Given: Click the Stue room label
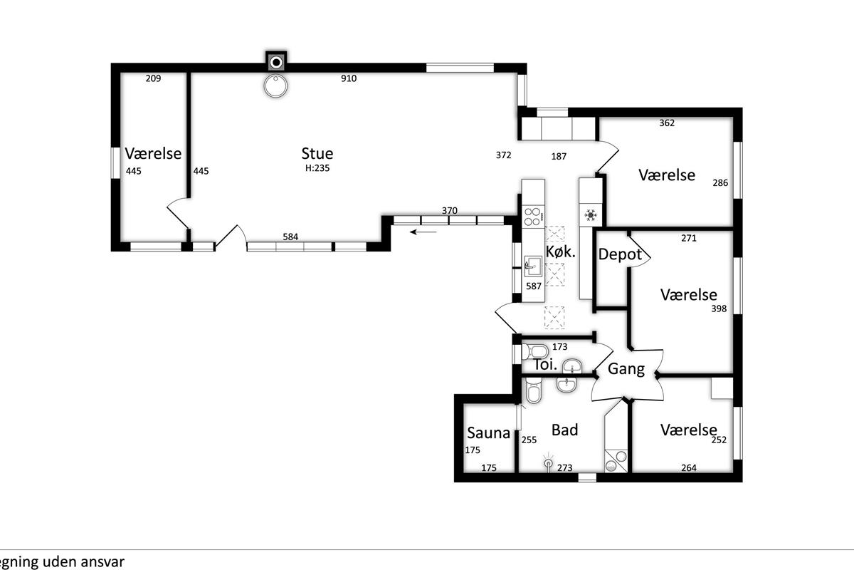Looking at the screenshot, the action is tap(317, 153).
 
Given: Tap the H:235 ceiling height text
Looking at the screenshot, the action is tap(317, 168).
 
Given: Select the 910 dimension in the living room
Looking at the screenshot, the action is tap(349, 78).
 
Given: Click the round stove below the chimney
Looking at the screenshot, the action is tap(275, 86).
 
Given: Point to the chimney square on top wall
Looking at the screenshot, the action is tap(276, 62).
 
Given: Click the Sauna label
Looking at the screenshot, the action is tap(488, 433).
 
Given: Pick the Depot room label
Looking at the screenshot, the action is tap(620, 254).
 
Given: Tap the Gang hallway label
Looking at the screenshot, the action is tap(626, 369).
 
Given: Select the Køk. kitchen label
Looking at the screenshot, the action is tap(560, 252).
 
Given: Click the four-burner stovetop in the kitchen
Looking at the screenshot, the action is tap(532, 217).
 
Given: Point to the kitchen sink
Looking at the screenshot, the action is tap(533, 266).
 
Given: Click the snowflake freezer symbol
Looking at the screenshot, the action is tap(591, 215).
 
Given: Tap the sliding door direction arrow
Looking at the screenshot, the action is tap(423, 232).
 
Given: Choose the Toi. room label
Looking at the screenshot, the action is tap(546, 365).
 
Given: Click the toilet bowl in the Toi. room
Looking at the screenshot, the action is tap(535, 351).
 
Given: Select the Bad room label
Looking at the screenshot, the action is tap(564, 430).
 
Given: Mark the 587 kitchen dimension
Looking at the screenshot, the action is tap(533, 286).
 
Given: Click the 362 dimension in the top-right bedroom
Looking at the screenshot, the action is tap(667, 123).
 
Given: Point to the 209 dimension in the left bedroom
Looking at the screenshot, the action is tap(153, 78).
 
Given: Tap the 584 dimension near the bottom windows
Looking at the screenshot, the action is tap(290, 237).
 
